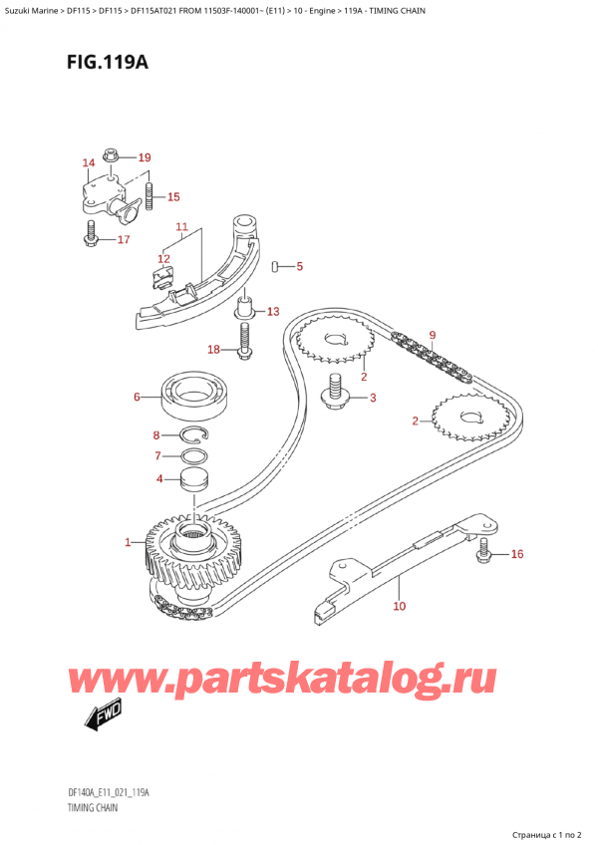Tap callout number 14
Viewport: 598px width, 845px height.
point(88,162)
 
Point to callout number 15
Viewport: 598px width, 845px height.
point(173,196)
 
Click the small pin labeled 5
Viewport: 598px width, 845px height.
point(275,266)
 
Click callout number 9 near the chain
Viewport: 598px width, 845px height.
point(433,335)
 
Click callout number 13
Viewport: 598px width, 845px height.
point(273,312)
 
